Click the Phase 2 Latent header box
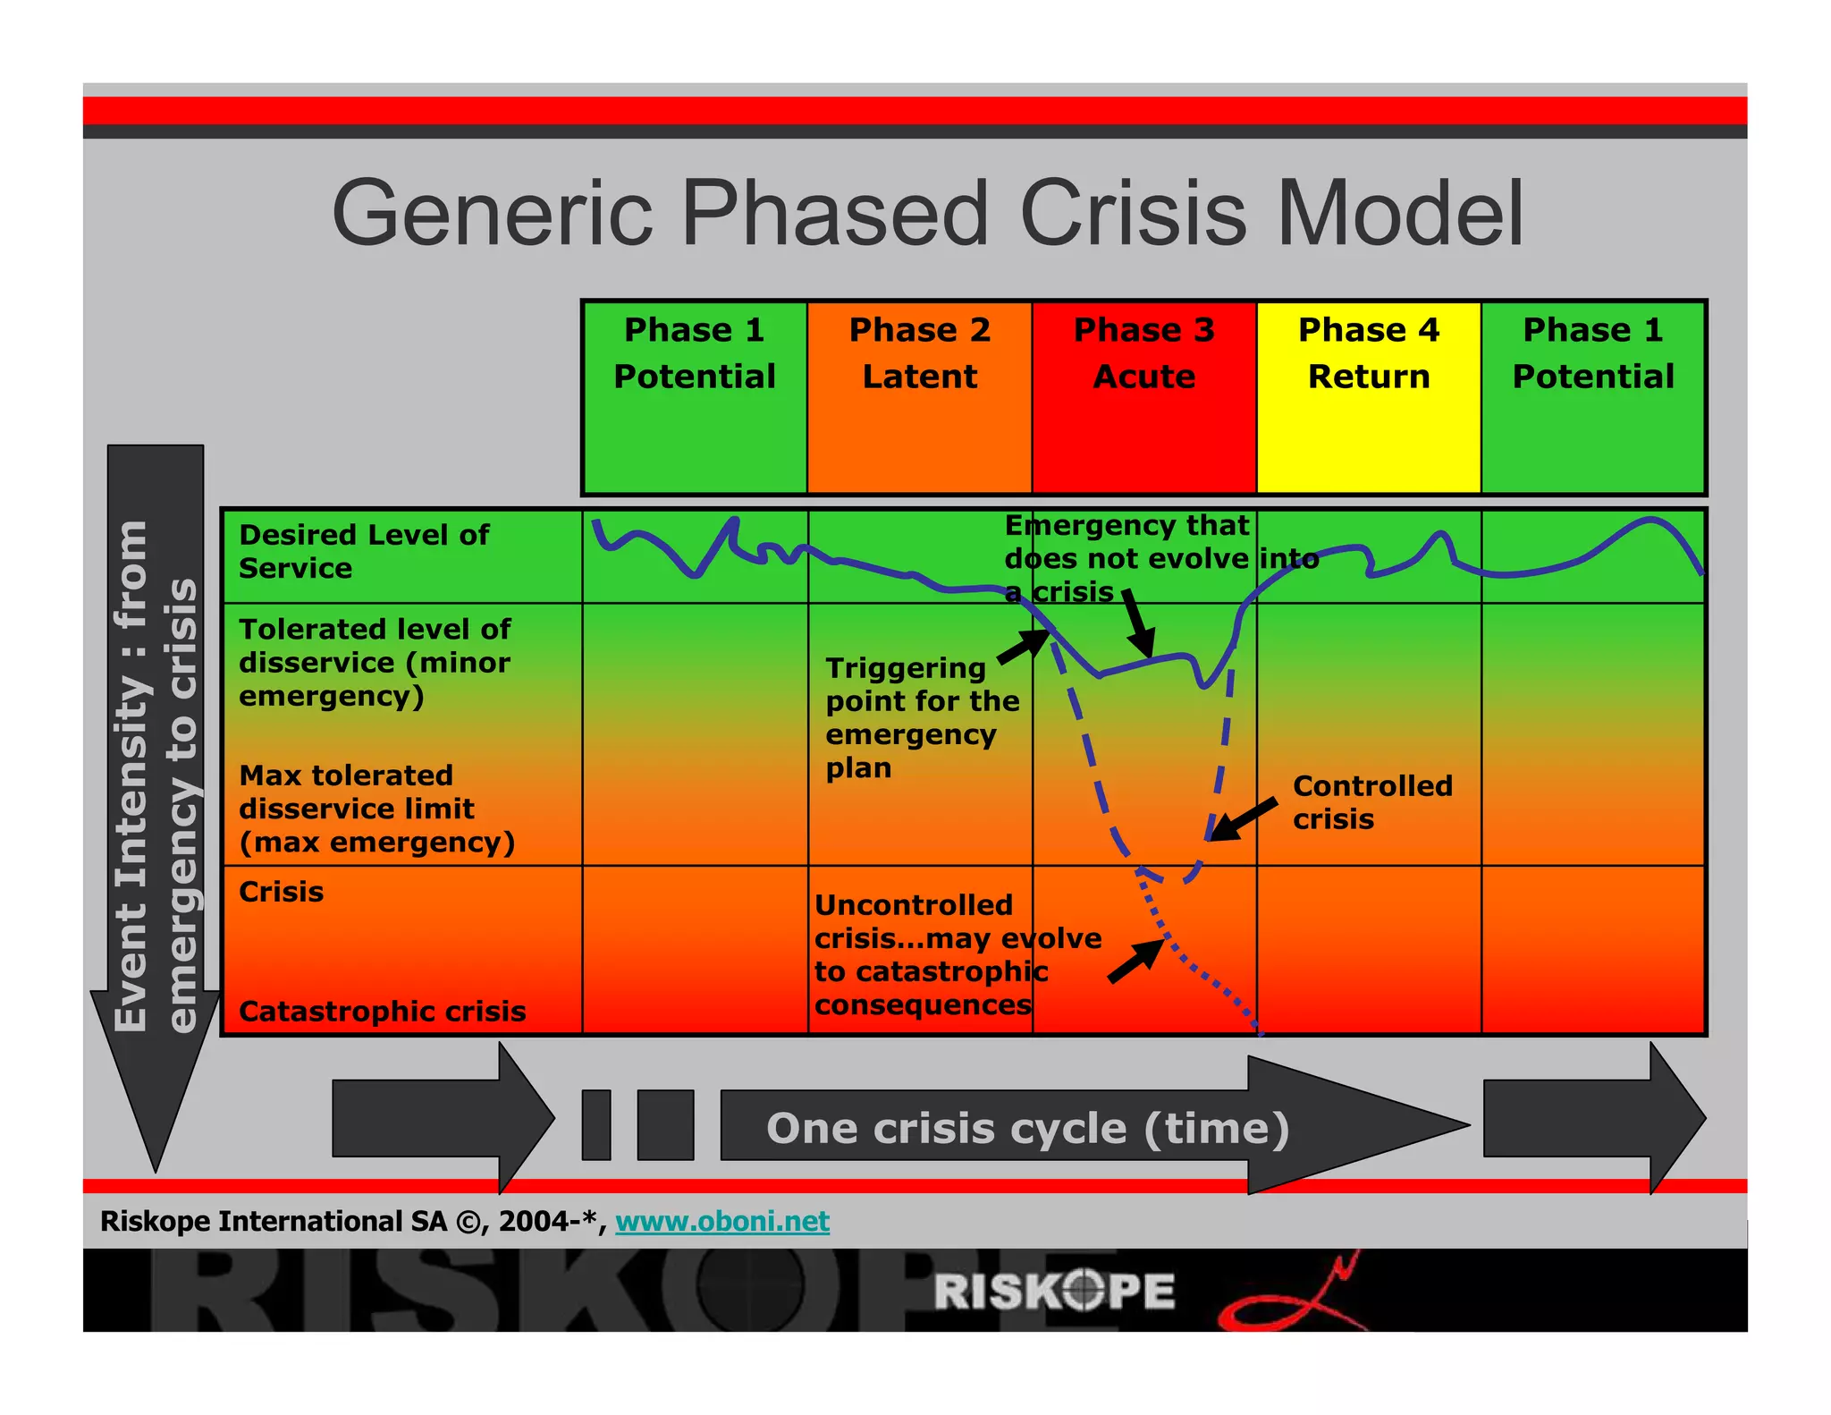coord(919,396)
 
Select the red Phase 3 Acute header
coord(1143,396)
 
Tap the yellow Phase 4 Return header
coord(1368,396)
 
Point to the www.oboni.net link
coord(721,1221)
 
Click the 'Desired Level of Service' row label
coord(364,551)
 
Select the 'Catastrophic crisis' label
coord(382,1011)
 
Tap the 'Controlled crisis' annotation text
coord(1371,802)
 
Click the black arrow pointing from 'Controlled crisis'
coord(1243,819)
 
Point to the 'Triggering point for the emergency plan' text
coord(921,717)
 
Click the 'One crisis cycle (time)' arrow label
coord(1027,1128)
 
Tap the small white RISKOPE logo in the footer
coord(1054,1291)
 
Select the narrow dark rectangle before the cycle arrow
coord(595,1124)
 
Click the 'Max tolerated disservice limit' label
coord(375,809)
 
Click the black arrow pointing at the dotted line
coord(1135,962)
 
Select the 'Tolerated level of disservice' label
coord(374,662)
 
